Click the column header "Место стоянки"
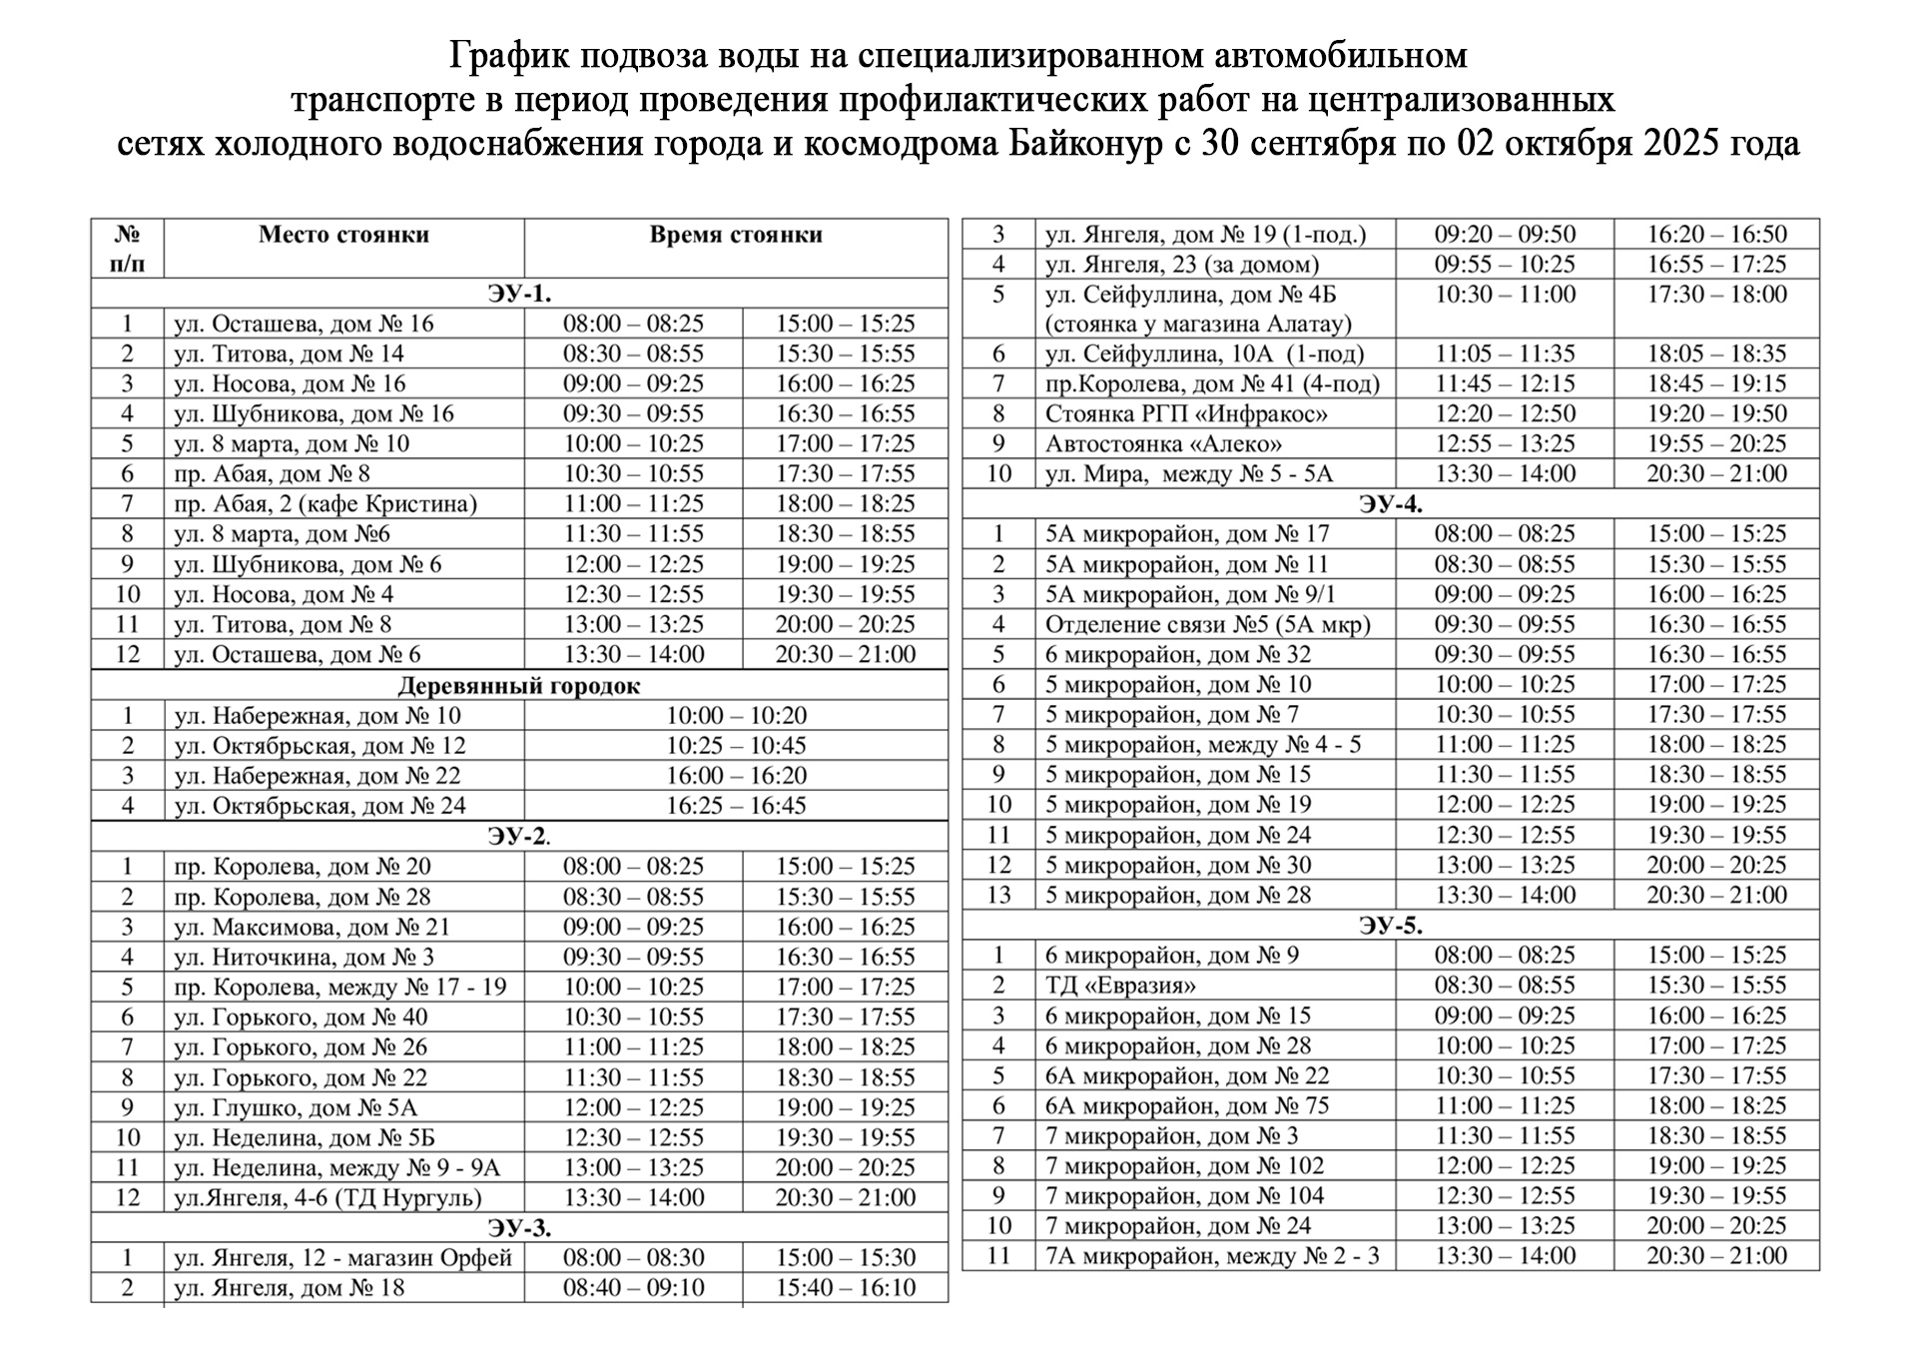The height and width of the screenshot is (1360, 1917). point(343,235)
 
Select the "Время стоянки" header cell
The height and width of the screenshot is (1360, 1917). point(736,235)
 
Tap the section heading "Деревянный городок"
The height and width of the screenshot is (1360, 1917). point(519,686)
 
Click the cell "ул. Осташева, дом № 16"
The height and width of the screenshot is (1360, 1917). point(304,324)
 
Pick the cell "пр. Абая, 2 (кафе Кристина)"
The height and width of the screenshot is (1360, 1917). point(325,504)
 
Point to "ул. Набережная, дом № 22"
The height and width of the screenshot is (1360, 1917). point(318,776)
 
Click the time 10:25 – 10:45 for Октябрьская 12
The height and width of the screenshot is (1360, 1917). point(736,746)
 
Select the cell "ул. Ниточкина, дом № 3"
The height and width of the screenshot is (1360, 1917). point(304,958)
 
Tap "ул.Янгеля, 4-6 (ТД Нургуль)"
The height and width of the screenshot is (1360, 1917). point(327,1197)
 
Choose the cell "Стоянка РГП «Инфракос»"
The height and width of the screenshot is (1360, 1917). point(1186,414)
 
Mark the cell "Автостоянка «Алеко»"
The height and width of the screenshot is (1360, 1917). point(1163,444)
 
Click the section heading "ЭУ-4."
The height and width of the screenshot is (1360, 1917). point(1390,504)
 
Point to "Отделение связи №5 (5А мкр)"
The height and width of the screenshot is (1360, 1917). point(1207,625)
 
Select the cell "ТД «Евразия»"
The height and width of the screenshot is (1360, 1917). point(1120,986)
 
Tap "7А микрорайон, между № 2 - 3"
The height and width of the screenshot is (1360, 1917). point(1212,1256)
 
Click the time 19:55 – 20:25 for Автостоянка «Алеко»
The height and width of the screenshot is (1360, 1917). point(1716,444)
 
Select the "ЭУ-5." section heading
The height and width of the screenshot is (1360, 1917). point(1390,926)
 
